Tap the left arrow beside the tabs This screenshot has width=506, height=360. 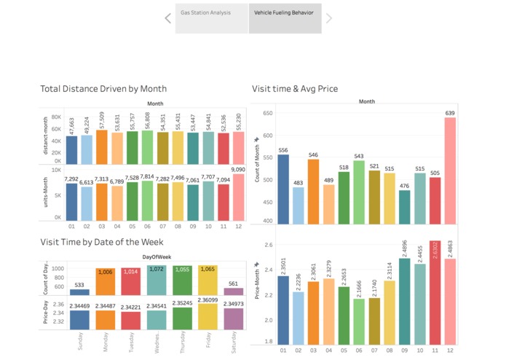coord(168,18)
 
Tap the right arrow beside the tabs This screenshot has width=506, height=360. coord(328,18)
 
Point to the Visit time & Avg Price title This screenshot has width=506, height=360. coord(294,89)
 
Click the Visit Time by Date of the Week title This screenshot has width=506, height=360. coord(102,242)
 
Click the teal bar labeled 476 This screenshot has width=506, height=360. coord(404,207)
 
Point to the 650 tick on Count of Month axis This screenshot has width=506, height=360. coord(267,113)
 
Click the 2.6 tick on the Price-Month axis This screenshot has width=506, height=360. coord(269,245)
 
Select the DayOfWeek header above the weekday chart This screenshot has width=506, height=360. coord(157,256)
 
